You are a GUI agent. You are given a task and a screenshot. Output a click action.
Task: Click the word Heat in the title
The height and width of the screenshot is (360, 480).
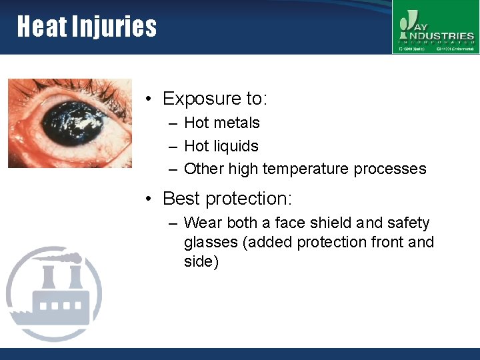[40, 27]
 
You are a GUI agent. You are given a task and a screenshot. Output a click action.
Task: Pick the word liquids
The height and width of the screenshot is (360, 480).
[236, 146]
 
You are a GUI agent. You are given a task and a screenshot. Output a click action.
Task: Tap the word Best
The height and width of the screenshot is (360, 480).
[181, 199]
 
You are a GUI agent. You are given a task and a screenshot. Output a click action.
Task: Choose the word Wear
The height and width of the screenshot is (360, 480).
[203, 223]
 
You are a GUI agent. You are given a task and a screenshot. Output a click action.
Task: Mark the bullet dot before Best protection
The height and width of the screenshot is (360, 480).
[151, 199]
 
